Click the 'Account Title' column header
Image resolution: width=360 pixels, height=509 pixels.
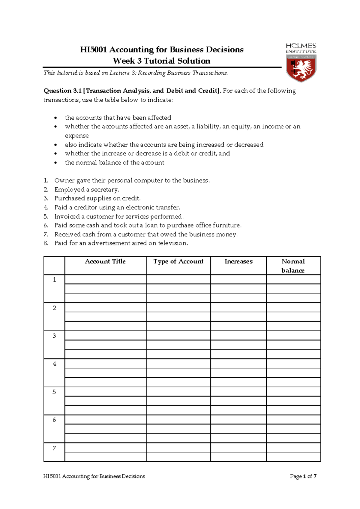click(x=105, y=261)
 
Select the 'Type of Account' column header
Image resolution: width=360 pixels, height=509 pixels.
click(x=178, y=261)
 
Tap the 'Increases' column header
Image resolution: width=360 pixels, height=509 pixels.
click(x=238, y=261)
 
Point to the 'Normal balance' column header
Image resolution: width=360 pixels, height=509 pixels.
click(x=293, y=266)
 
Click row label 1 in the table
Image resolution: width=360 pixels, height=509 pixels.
click(x=54, y=280)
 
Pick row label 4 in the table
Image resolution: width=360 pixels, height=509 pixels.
click(x=54, y=364)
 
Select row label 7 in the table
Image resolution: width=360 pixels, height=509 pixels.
click(x=54, y=448)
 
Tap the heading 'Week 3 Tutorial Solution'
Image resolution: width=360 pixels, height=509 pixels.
click(x=161, y=61)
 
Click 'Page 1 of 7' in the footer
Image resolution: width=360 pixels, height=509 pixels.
click(x=303, y=476)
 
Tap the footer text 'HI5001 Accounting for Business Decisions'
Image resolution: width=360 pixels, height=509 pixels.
click(x=94, y=476)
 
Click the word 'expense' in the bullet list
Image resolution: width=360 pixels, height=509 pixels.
click(x=76, y=136)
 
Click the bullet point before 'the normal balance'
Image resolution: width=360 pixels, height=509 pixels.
click(x=55, y=163)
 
